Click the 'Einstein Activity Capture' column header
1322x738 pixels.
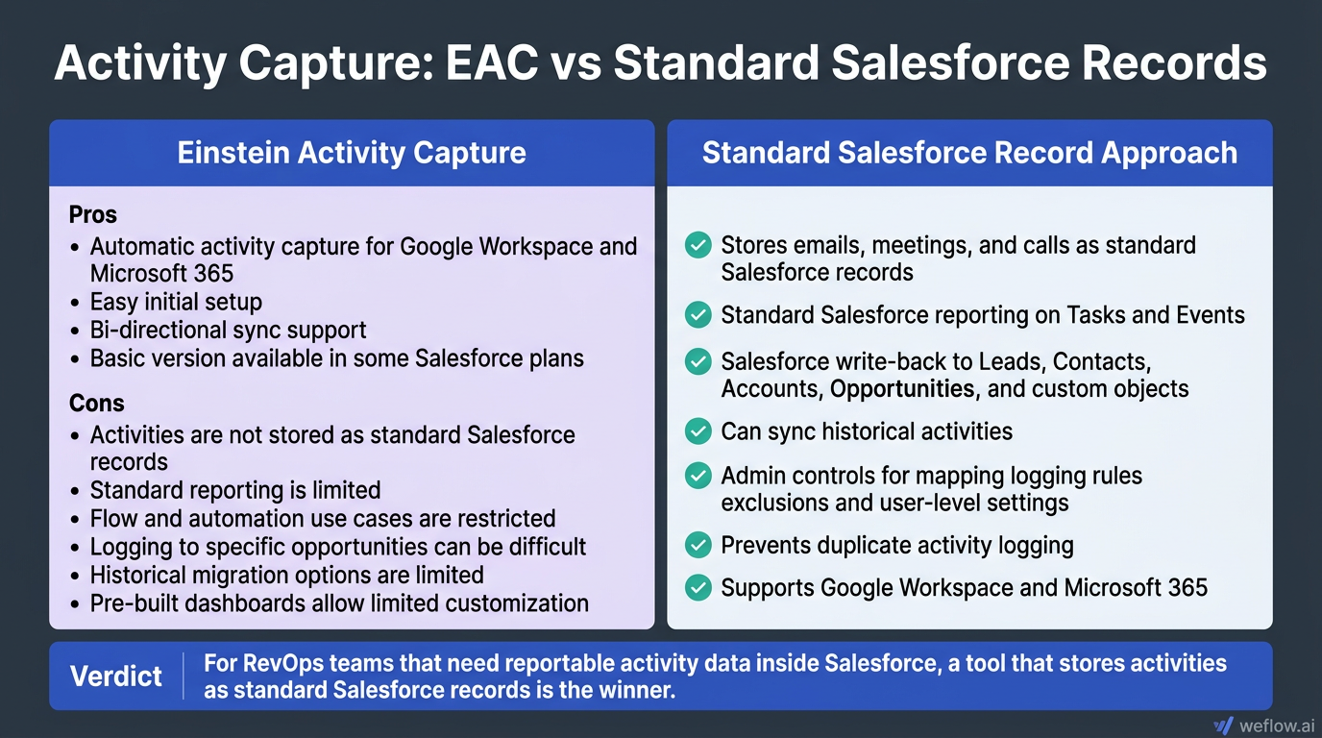352,153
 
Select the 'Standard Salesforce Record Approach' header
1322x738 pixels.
969,153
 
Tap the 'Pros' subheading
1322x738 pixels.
92,213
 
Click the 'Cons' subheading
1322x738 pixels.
96,403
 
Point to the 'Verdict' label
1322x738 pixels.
116,676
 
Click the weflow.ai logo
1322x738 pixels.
1263,725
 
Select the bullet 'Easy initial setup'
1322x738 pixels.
176,302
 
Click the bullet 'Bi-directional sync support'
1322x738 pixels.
228,330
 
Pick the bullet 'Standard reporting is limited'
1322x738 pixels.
235,490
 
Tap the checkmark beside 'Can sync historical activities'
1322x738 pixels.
698,431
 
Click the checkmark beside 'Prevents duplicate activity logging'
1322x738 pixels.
698,546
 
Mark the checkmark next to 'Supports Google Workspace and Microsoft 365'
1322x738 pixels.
698,587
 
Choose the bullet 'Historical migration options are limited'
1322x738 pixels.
286,575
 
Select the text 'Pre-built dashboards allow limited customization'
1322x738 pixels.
339,603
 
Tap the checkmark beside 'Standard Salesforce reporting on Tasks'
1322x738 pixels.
698,315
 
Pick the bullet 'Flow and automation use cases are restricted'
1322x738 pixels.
323,519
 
